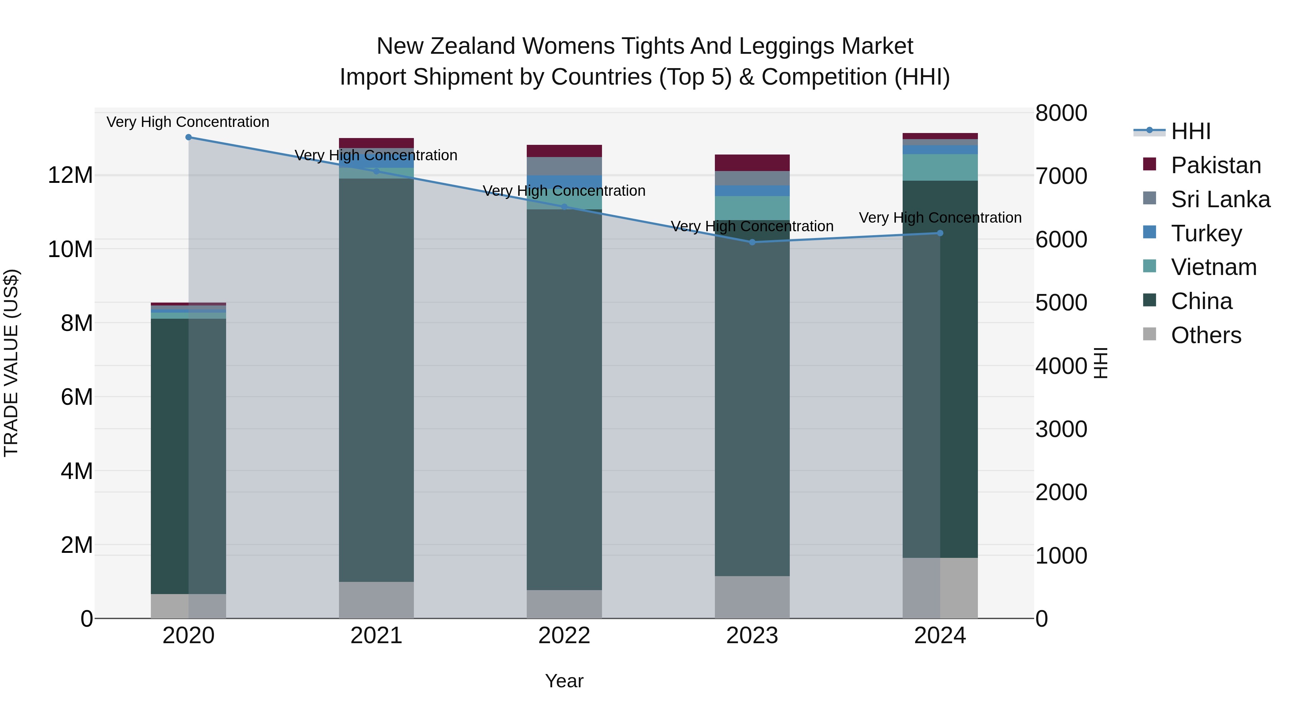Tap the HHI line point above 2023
tap(752, 242)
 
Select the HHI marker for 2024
tap(940, 233)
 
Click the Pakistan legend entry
tap(1215, 165)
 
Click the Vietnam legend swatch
tap(1150, 266)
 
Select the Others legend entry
tap(1205, 335)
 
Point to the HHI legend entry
tap(1190, 131)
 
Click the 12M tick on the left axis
tap(70, 175)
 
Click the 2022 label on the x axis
tap(564, 636)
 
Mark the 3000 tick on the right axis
tap(1061, 430)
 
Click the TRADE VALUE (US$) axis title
tap(11, 363)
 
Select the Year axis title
tap(564, 681)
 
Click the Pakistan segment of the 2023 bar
tap(752, 163)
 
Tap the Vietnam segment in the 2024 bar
tap(940, 167)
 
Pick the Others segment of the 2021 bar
tap(376, 600)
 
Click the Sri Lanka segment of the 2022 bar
tap(564, 166)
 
